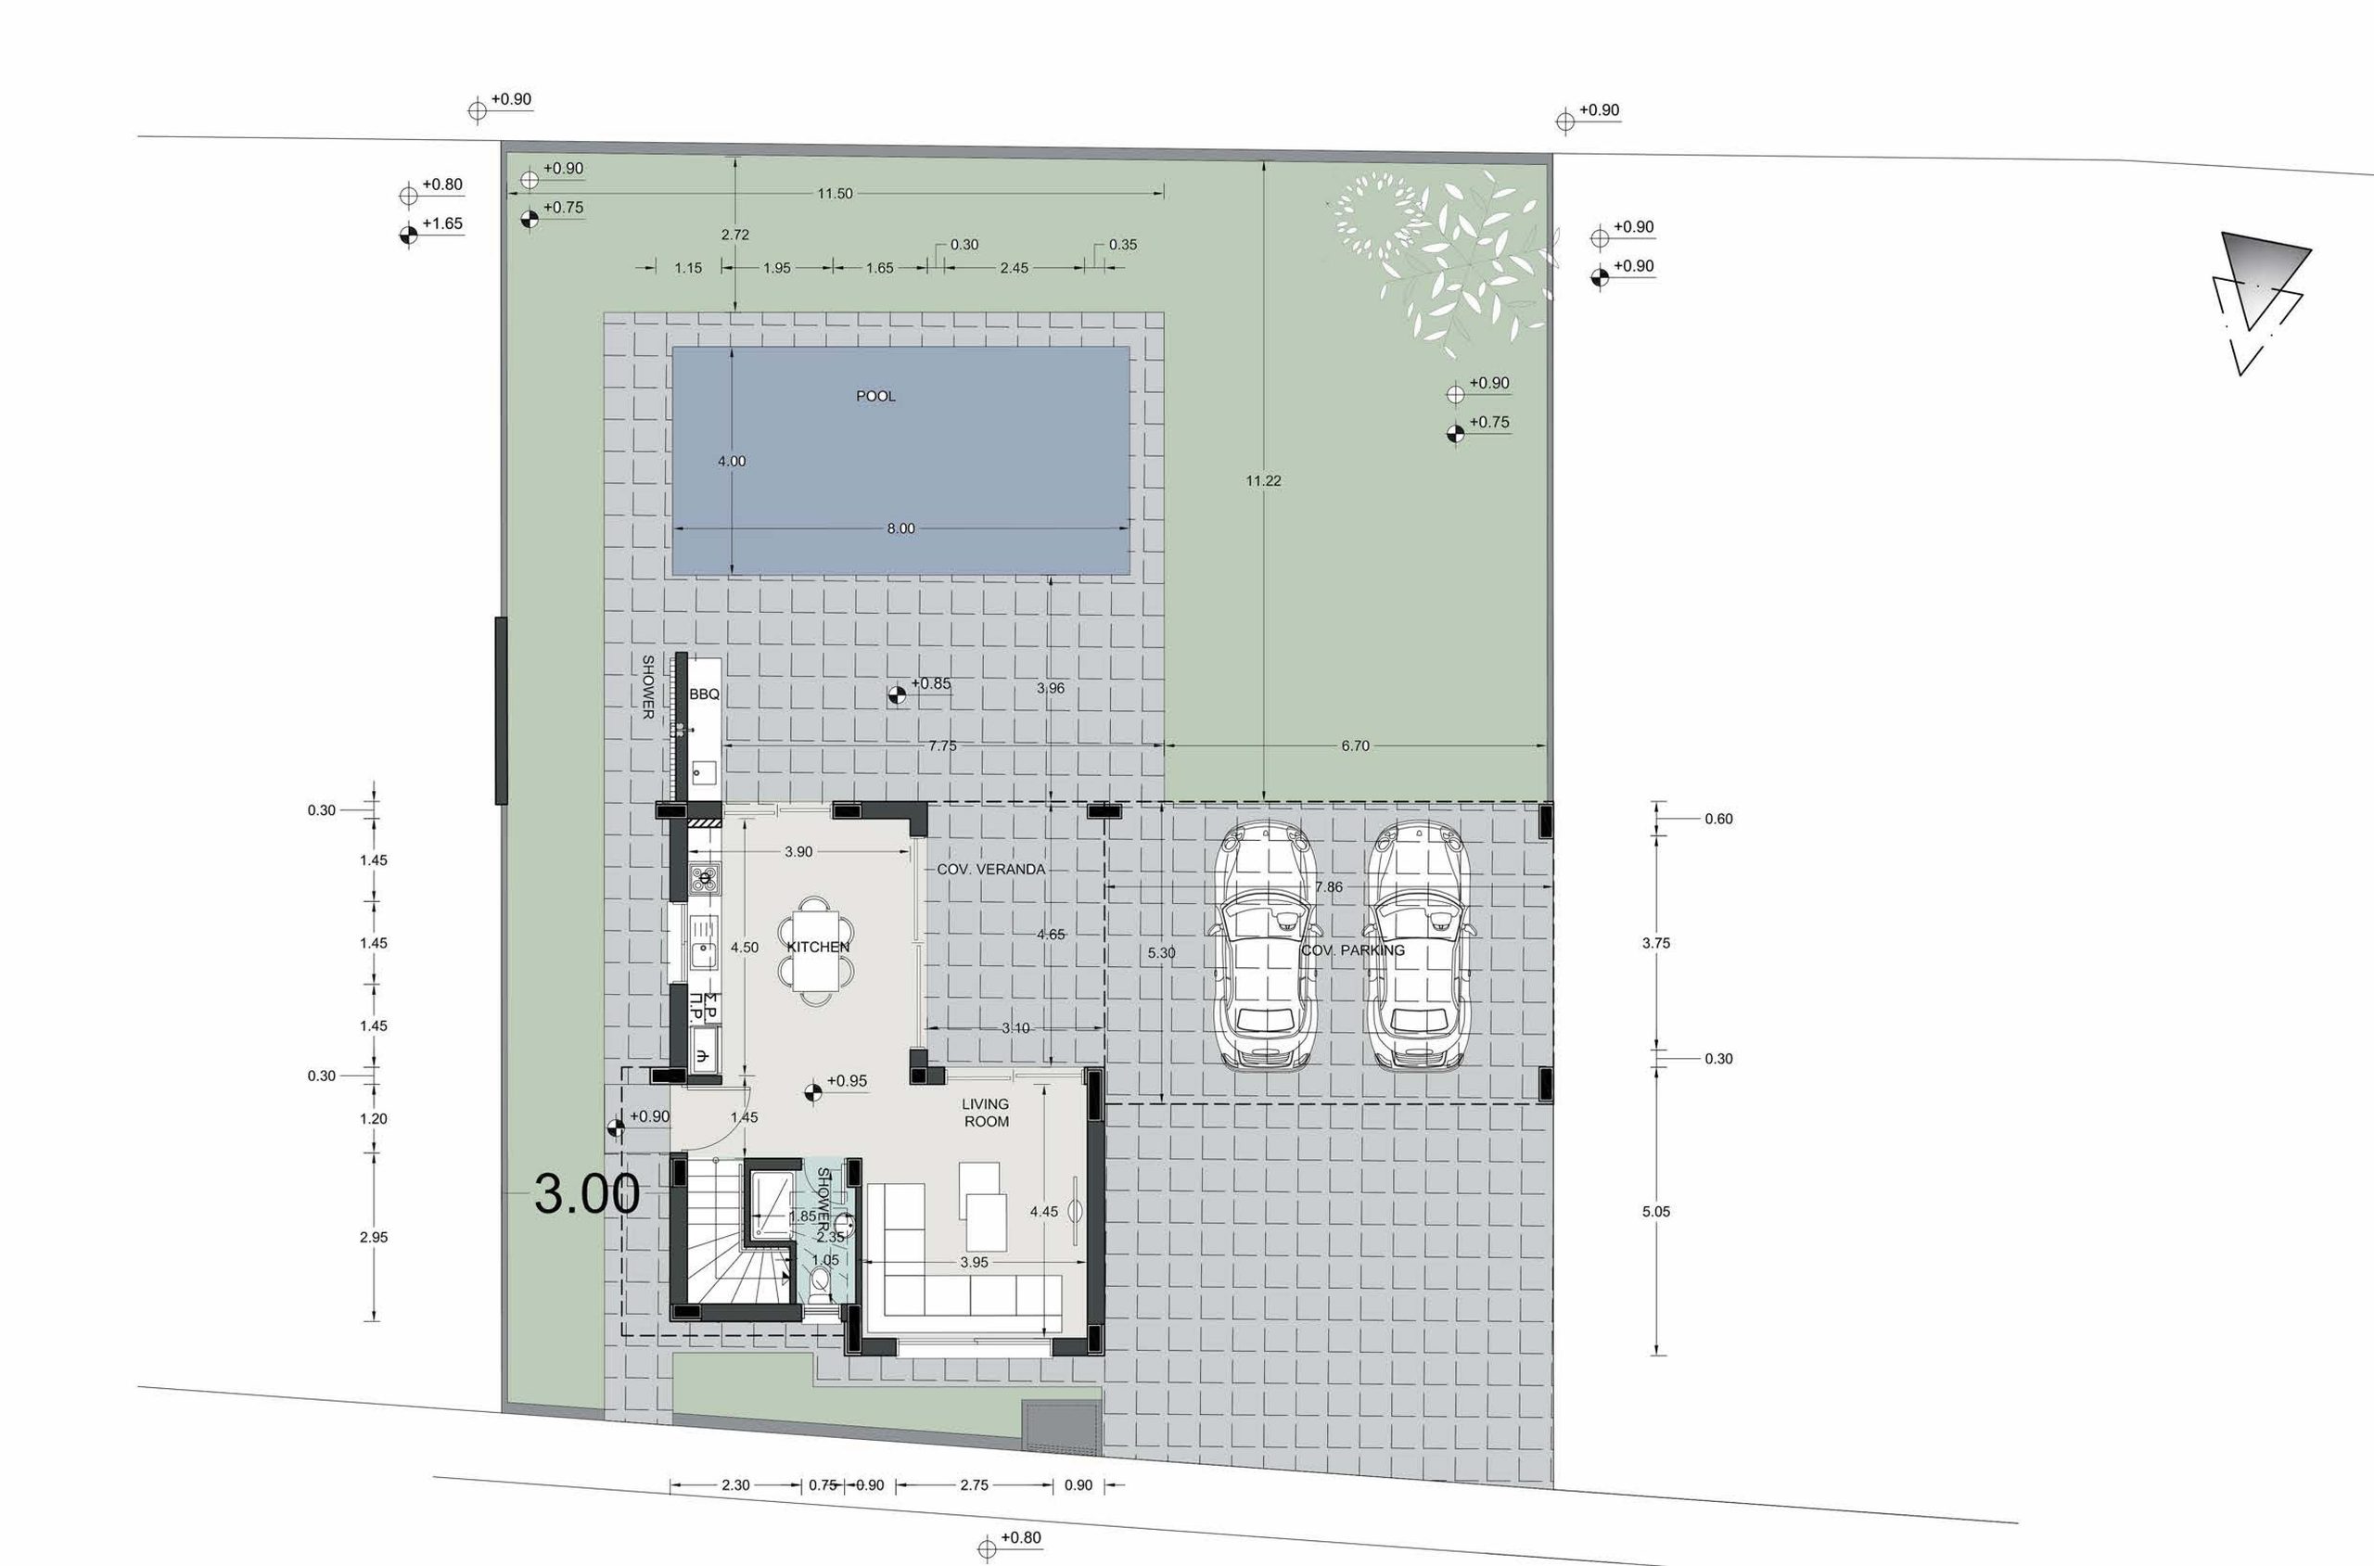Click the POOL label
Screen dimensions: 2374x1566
coord(876,397)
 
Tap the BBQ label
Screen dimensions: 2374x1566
coord(704,694)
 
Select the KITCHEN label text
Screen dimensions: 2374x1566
coord(818,947)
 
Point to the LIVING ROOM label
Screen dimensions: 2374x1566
coord(986,1113)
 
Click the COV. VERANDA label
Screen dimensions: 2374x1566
coord(990,869)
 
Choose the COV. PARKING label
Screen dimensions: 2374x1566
coord(1352,949)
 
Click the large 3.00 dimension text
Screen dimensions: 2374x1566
coord(587,1193)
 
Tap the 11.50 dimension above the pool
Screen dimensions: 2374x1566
coord(835,194)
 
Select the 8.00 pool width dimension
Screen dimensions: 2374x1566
coord(900,528)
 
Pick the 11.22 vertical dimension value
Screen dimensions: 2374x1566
coord(1263,480)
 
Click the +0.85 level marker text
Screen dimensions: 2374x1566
coord(931,684)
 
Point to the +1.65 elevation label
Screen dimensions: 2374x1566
coord(441,223)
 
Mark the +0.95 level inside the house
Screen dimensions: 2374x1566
coord(847,1080)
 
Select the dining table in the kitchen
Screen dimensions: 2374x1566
coord(818,949)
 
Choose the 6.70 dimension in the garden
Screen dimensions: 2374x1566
coord(1355,746)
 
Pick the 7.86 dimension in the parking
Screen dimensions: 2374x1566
coord(1329,887)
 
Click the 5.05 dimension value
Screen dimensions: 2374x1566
coord(1656,1212)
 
